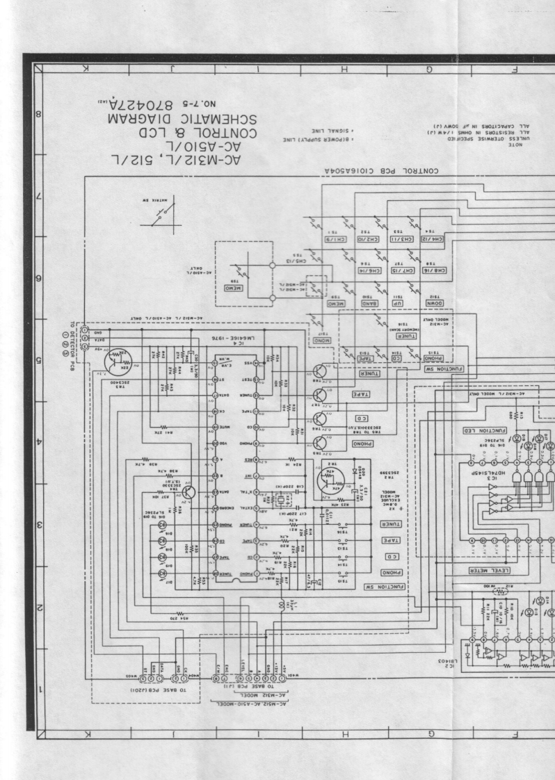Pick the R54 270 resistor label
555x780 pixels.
point(170,616)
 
